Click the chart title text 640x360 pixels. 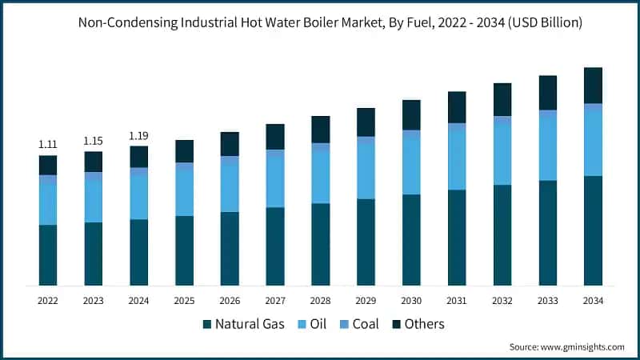(x=319, y=22)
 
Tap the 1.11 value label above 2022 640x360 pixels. (x=48, y=144)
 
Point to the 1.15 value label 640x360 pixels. (x=94, y=141)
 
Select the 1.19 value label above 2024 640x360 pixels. (x=139, y=135)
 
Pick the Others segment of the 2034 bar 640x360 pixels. (x=593, y=85)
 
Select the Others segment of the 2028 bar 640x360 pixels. (x=320, y=129)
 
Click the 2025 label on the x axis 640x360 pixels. (x=184, y=301)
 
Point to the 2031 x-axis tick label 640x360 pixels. (x=457, y=301)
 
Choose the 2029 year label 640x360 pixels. (x=366, y=301)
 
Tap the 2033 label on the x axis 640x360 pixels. (x=547, y=301)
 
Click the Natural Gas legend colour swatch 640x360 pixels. (x=206, y=324)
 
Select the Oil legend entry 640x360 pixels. (x=312, y=324)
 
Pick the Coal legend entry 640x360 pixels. (x=359, y=324)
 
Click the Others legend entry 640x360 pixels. (x=416, y=324)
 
